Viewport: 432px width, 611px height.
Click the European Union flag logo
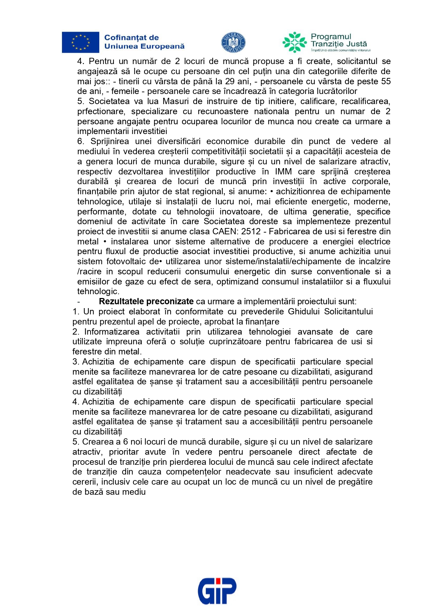[80, 42]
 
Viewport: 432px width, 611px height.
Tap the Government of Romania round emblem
[233, 43]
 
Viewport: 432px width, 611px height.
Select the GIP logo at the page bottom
[217, 591]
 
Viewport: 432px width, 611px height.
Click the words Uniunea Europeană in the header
[144, 46]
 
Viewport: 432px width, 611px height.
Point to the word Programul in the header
[331, 37]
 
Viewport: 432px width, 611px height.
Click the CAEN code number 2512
[251, 232]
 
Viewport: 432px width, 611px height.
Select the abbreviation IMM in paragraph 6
[283, 172]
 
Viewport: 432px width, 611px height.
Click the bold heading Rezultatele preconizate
[146, 301]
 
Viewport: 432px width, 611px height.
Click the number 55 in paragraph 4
[386, 81]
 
